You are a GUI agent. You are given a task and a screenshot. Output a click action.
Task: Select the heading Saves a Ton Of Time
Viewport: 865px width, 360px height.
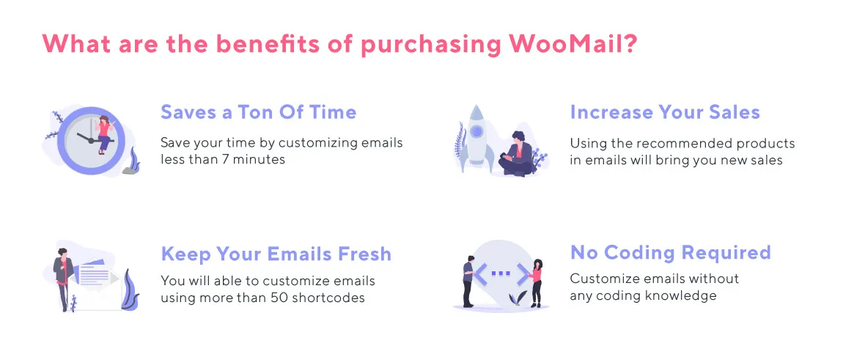pos(259,112)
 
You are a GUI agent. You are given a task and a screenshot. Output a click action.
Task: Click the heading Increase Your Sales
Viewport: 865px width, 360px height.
pos(665,112)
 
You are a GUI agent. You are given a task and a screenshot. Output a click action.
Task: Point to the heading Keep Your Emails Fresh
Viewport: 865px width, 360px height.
pos(276,254)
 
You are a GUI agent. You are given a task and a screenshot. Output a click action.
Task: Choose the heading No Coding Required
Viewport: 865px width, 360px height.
pos(671,253)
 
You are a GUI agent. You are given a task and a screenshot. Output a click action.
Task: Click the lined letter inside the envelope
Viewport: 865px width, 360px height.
pos(93,276)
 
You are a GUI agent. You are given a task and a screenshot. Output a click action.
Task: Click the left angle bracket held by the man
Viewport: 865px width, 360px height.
pos(480,274)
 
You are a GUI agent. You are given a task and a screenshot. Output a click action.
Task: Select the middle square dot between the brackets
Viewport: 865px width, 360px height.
pos(501,273)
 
